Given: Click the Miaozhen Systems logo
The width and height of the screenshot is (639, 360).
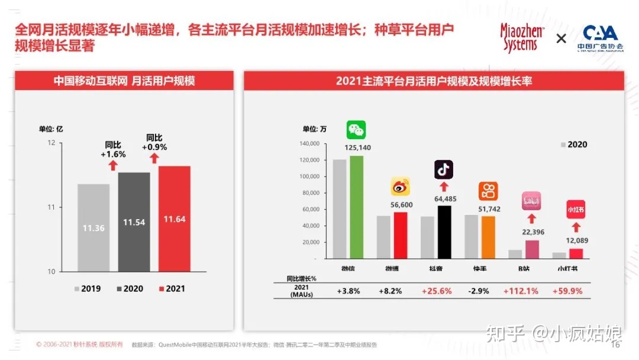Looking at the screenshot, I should click(521, 38).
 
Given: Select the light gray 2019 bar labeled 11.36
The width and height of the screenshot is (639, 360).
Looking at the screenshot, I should click(93, 227).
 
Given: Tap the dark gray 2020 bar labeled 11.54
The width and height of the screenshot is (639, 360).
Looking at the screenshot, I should click(134, 221).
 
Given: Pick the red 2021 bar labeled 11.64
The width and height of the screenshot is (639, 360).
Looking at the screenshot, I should click(175, 218).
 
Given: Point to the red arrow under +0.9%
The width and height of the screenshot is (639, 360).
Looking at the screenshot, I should click(154, 158).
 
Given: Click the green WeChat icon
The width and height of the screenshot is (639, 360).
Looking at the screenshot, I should click(356, 130).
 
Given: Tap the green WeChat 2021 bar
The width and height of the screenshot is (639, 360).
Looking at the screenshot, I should click(356, 207).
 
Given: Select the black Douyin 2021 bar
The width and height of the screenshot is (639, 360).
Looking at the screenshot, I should click(444, 232).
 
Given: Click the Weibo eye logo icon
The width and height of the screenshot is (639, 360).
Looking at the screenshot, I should click(401, 187).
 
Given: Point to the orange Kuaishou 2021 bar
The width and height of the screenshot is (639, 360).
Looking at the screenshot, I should click(488, 237).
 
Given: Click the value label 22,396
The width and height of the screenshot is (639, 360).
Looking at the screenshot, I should click(532, 232).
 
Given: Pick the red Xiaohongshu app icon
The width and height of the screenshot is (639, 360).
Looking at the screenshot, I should click(576, 209).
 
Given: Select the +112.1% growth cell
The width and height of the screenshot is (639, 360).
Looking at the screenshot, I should click(521, 291).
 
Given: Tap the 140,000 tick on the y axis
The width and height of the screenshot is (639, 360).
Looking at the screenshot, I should click(309, 144).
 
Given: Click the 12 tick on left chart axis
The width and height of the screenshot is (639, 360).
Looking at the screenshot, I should click(51, 143).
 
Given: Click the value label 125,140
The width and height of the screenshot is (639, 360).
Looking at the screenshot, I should click(357, 147).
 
